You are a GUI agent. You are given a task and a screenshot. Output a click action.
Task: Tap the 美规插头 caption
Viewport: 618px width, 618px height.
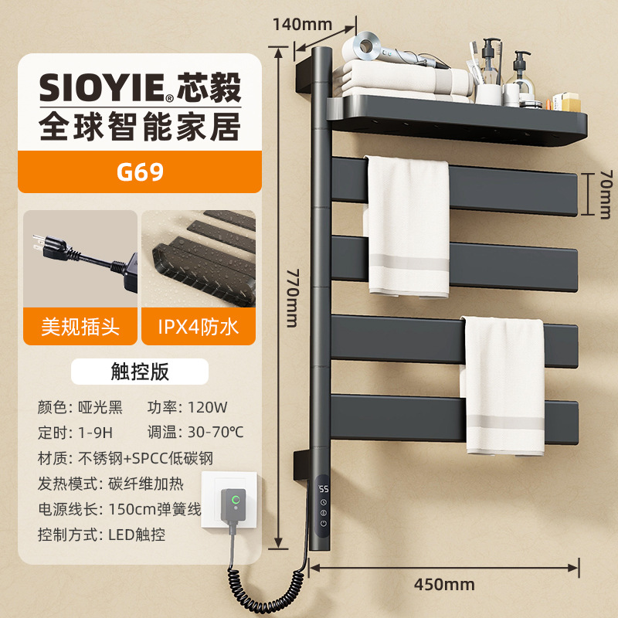coord(80,327)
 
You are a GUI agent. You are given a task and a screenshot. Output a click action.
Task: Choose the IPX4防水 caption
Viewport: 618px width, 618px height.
coord(198,327)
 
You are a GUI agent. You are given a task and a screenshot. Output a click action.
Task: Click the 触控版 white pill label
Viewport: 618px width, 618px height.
coord(139,372)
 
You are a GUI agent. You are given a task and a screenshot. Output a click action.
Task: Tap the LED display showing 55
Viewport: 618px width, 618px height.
coord(324,489)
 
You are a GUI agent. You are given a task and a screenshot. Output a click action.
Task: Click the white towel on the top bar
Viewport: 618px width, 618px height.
coord(407,224)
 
